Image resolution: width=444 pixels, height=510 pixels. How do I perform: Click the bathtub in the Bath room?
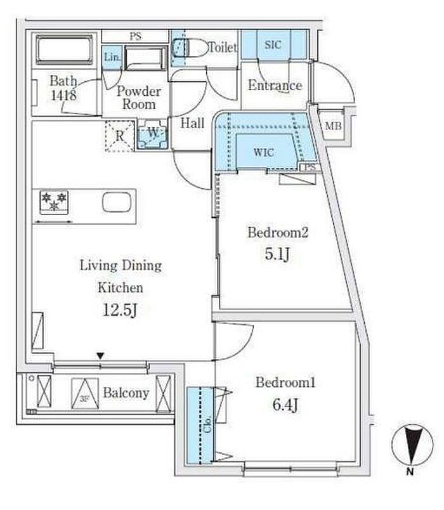[64, 49]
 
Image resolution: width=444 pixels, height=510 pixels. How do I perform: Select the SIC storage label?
[273, 44]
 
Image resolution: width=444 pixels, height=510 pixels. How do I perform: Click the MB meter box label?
[333, 126]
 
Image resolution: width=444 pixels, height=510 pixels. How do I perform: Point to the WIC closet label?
[263, 152]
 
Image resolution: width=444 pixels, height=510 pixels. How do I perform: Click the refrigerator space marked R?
[120, 136]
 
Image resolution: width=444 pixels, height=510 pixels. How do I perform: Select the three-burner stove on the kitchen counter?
[54, 202]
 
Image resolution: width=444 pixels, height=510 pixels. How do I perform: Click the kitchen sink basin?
[117, 202]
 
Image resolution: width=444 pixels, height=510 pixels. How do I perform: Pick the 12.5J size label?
[120, 310]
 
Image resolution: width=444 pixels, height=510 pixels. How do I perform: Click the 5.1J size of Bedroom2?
[277, 254]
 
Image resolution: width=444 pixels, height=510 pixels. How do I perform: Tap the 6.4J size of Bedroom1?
[285, 405]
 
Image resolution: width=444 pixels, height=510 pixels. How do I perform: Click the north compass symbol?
[412, 445]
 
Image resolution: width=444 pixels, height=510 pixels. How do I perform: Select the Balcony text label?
[126, 393]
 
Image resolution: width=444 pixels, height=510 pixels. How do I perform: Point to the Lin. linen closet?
[112, 58]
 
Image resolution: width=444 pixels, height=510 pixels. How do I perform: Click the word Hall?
[192, 123]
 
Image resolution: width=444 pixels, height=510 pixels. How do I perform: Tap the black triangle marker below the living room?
[100, 356]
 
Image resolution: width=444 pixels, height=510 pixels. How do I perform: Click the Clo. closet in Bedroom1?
[200, 425]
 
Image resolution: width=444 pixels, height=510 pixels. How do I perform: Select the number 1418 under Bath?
[64, 95]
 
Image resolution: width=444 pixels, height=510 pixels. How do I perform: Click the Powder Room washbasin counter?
[145, 58]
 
